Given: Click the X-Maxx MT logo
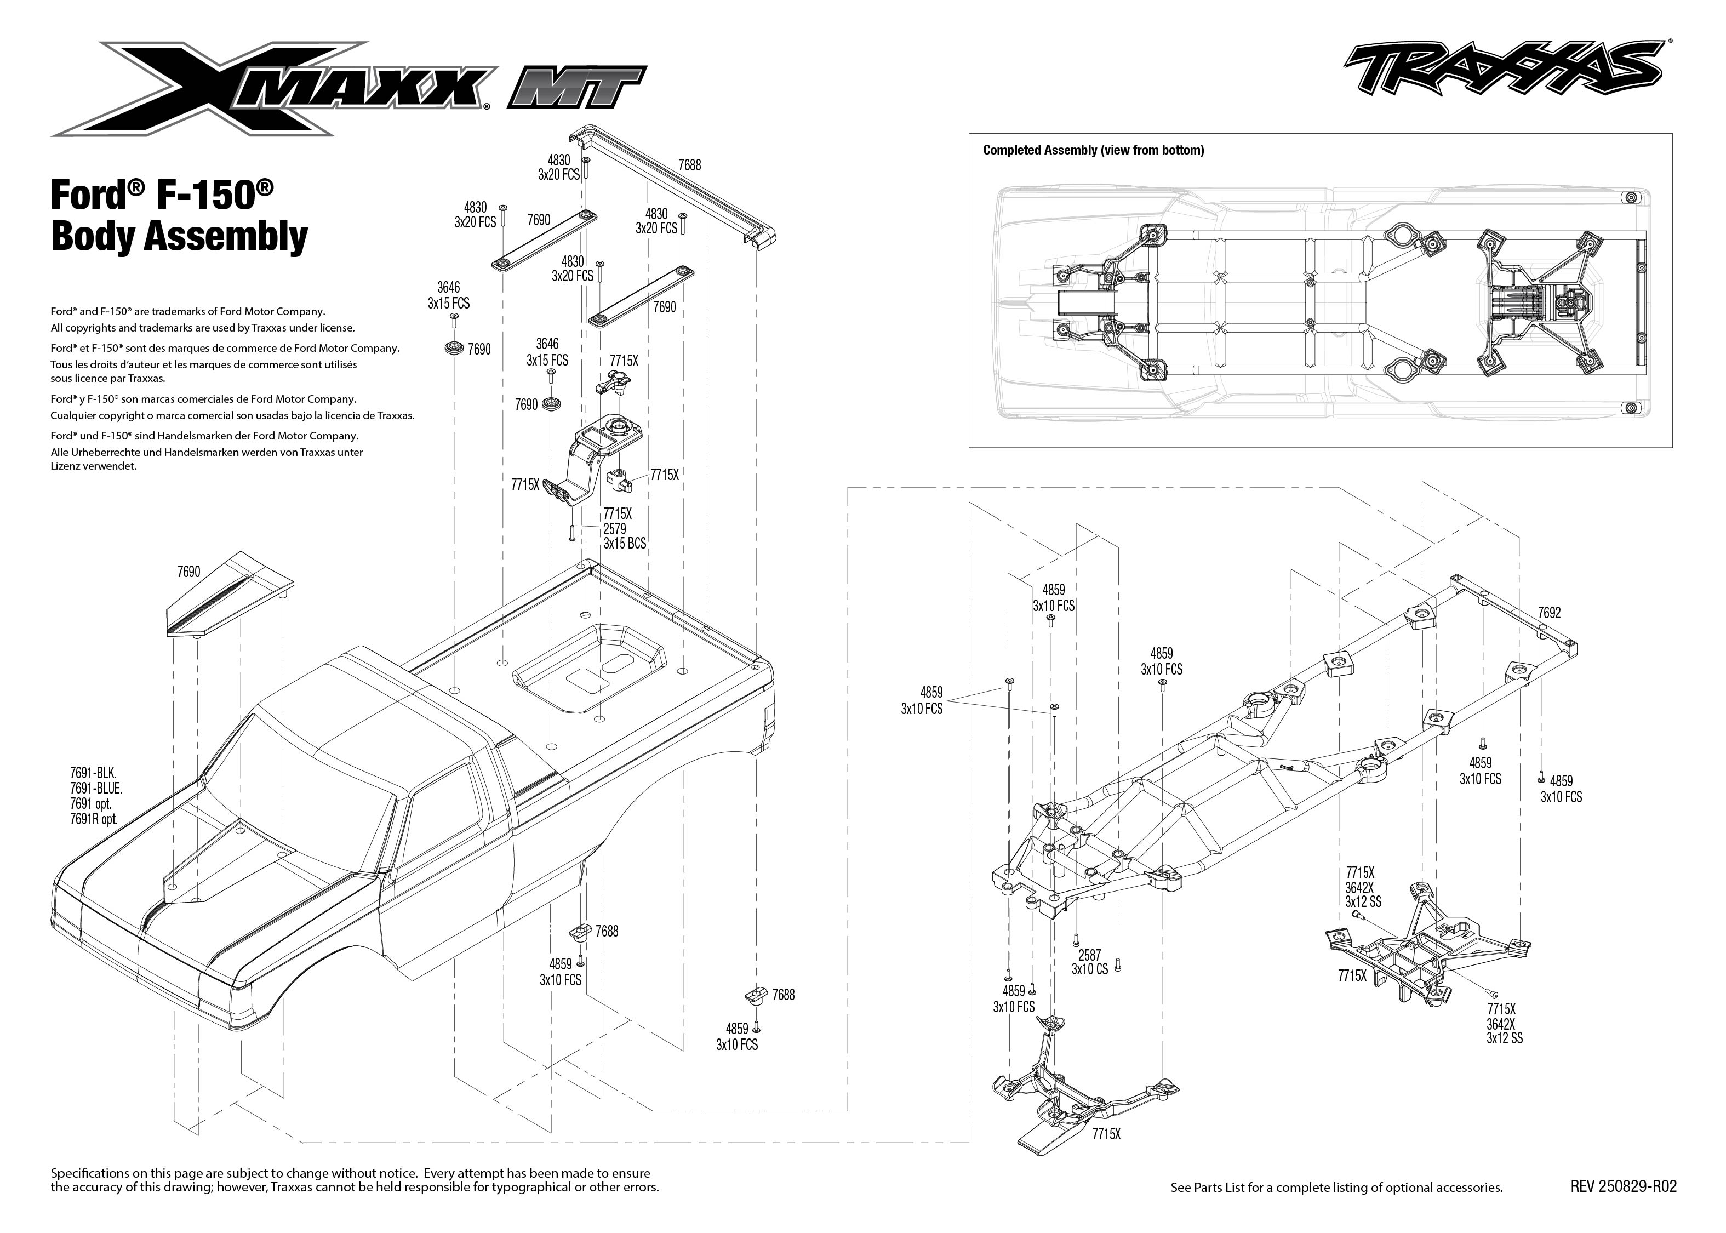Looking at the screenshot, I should (x=349, y=89).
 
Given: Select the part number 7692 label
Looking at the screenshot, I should (x=1548, y=613).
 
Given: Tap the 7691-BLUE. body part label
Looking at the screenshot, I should (x=96, y=788).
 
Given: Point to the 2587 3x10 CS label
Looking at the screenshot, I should (x=1089, y=962).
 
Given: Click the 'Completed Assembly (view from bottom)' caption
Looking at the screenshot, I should (x=1093, y=150).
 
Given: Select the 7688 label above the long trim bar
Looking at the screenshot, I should (x=689, y=165).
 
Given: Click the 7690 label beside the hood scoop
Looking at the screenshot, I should (x=189, y=571).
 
